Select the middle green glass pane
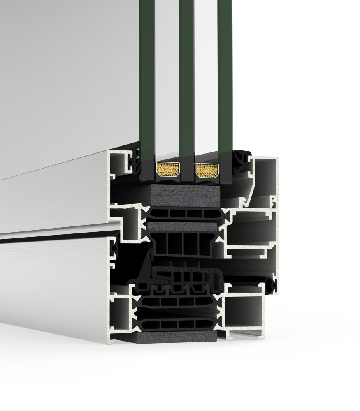[186, 82]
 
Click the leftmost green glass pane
[147, 82]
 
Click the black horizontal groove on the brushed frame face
[53, 238]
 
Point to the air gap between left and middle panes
[167, 82]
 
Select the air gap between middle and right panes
[205, 82]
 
